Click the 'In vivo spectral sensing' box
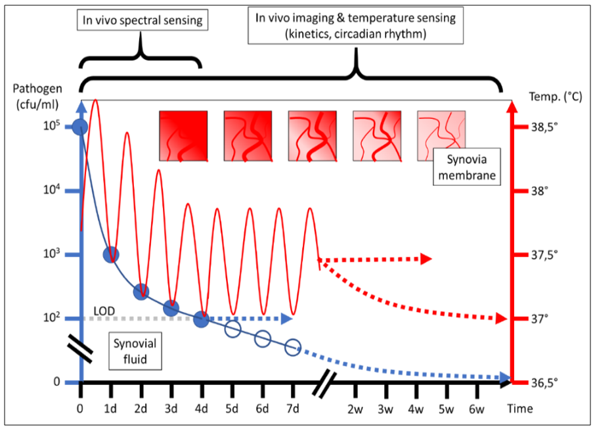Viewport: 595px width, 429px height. point(143,20)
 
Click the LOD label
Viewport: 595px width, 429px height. point(104,309)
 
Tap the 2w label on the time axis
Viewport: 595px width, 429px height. point(355,409)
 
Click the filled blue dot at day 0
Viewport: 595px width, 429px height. point(79,127)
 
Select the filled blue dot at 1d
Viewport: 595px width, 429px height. point(111,255)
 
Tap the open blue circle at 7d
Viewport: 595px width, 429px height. point(293,347)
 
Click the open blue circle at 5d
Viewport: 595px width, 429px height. point(232,330)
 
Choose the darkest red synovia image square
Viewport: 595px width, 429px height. point(184,136)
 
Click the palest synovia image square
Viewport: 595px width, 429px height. point(441,136)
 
